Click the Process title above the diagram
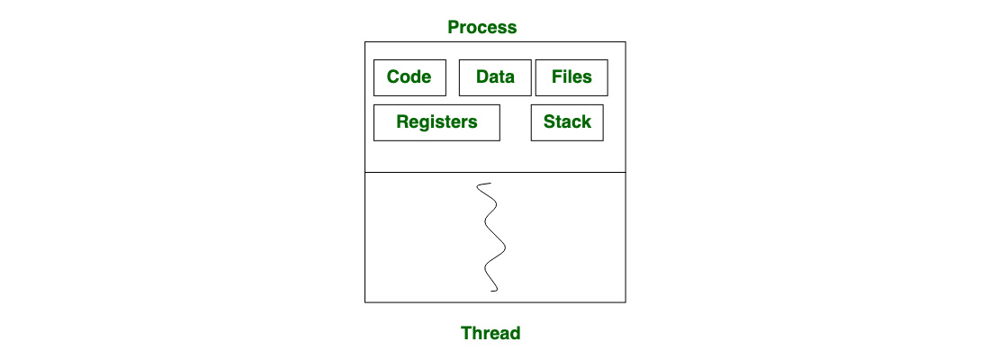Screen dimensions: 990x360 click(481, 27)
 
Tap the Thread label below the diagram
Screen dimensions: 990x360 click(490, 333)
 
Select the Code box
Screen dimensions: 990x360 click(409, 77)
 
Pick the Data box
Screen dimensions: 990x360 click(495, 77)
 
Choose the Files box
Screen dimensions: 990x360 click(572, 77)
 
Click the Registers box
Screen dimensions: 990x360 click(436, 122)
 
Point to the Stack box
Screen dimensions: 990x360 click(567, 122)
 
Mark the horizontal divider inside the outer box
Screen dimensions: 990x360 click(495, 172)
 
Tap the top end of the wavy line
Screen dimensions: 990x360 click(490, 184)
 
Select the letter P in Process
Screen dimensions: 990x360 click(454, 27)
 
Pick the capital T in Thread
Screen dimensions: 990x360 click(467, 333)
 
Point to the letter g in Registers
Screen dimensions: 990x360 click(422, 123)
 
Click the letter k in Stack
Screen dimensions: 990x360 click(587, 121)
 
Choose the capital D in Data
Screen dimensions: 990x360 click(482, 77)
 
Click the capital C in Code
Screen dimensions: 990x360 click(393, 77)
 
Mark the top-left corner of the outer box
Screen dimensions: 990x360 click(364, 41)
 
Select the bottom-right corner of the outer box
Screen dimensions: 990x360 click(625, 302)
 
